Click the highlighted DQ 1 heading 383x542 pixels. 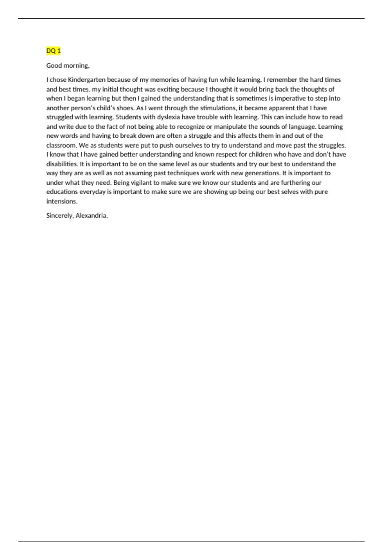[53, 51]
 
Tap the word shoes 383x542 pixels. [125, 108]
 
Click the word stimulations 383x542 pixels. [219, 108]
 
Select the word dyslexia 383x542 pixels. [169, 117]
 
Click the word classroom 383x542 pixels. [61, 145]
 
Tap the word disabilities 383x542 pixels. [62, 164]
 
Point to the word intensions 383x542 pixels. [62, 201]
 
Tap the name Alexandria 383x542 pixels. [91, 216]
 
